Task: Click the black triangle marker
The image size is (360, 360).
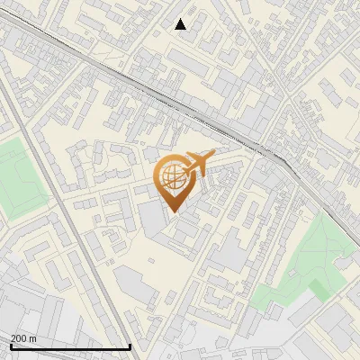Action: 181,24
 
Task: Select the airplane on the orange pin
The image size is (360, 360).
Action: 199,163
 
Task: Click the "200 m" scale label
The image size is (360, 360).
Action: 23,337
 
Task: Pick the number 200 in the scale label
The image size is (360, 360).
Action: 19,337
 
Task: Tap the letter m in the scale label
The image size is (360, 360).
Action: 32,337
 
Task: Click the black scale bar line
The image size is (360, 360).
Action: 70,346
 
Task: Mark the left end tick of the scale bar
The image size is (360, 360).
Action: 10,345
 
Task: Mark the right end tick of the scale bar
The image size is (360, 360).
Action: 130,345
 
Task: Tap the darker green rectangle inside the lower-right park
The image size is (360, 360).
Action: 319,289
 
